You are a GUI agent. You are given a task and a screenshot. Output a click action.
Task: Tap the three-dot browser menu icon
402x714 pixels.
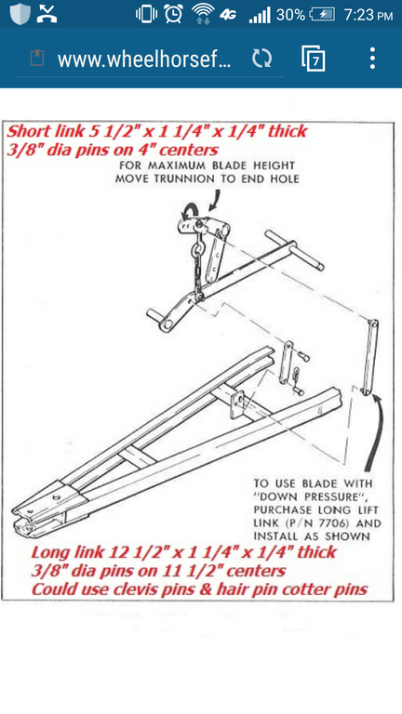tap(372, 59)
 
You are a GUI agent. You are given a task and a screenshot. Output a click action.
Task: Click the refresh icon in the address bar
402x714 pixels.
tap(262, 59)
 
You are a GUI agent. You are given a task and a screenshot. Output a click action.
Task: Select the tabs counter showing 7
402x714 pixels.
tap(314, 59)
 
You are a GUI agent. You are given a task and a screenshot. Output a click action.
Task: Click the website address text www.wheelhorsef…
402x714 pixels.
tap(144, 59)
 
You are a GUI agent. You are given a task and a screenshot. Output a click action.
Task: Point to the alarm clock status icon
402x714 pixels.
tap(174, 14)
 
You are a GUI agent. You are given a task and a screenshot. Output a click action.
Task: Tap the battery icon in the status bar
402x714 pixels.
tap(322, 14)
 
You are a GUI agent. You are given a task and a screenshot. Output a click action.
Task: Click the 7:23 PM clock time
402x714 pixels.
tap(368, 15)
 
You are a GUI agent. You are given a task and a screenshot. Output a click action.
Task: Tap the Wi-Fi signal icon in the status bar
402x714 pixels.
tap(203, 14)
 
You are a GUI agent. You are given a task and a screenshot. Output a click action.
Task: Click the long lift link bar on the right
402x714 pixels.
tap(370, 356)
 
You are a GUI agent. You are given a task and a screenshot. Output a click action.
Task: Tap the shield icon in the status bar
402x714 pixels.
tap(20, 13)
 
